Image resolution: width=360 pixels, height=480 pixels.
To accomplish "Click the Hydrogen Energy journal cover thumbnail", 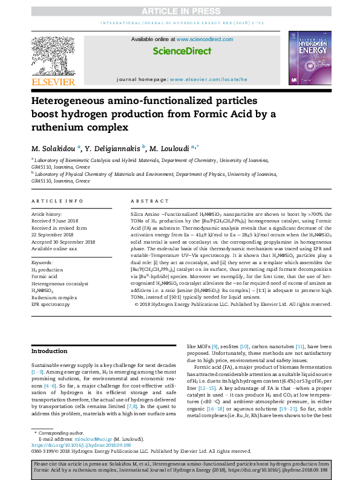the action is point(310,57).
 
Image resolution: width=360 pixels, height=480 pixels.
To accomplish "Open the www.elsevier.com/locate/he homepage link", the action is point(208,80).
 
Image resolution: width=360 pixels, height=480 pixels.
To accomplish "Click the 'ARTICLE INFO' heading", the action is point(57,201).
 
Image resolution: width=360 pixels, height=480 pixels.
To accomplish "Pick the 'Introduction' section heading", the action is point(50,351).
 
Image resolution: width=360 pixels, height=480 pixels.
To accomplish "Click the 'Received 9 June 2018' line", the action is point(57,221).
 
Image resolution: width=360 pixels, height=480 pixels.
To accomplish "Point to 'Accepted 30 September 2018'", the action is point(64,242).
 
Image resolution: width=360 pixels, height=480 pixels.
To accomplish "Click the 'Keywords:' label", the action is point(42,262).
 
